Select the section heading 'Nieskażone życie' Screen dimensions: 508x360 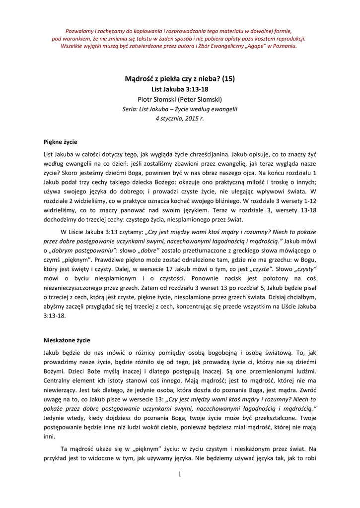pyautogui.click(x=67, y=340)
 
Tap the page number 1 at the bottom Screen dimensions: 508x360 pyautogui.click(x=179, y=474)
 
